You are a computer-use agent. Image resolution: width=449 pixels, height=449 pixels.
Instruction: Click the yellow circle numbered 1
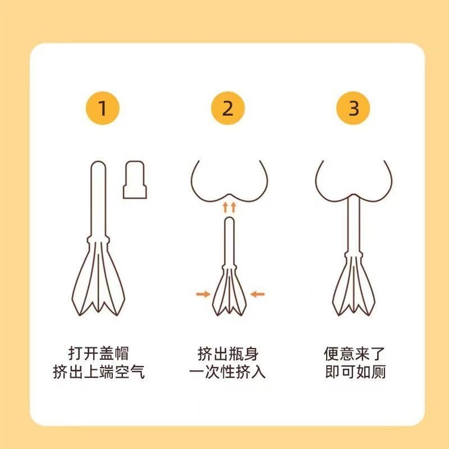click(103, 108)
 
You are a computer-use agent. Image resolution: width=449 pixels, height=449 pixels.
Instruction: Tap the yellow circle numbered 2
click(228, 108)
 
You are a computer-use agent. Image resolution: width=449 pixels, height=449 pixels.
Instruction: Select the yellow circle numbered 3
click(353, 108)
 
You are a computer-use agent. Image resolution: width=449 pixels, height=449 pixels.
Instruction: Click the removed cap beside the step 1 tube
click(135, 180)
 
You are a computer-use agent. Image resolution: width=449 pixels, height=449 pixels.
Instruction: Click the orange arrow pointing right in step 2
click(203, 294)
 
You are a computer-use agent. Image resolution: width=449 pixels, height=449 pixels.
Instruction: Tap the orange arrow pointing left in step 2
click(257, 294)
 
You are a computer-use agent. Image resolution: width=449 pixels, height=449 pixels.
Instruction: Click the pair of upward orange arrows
click(229, 207)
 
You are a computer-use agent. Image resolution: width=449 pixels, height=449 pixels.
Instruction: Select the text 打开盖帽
click(99, 353)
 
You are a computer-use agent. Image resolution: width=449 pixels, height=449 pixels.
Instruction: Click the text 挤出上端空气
click(99, 372)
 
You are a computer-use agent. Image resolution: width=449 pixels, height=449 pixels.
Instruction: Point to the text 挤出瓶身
click(228, 353)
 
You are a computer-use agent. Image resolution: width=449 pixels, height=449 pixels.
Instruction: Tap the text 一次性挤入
click(227, 372)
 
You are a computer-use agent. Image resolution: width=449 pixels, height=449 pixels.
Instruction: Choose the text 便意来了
click(354, 353)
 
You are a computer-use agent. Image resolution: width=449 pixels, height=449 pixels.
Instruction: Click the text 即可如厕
click(355, 372)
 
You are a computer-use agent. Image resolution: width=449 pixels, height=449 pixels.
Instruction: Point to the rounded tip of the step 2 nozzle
click(230, 220)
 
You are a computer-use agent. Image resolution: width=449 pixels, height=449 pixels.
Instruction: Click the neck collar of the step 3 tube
click(353, 254)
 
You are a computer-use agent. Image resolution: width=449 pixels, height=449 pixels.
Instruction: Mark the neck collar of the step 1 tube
click(98, 239)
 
